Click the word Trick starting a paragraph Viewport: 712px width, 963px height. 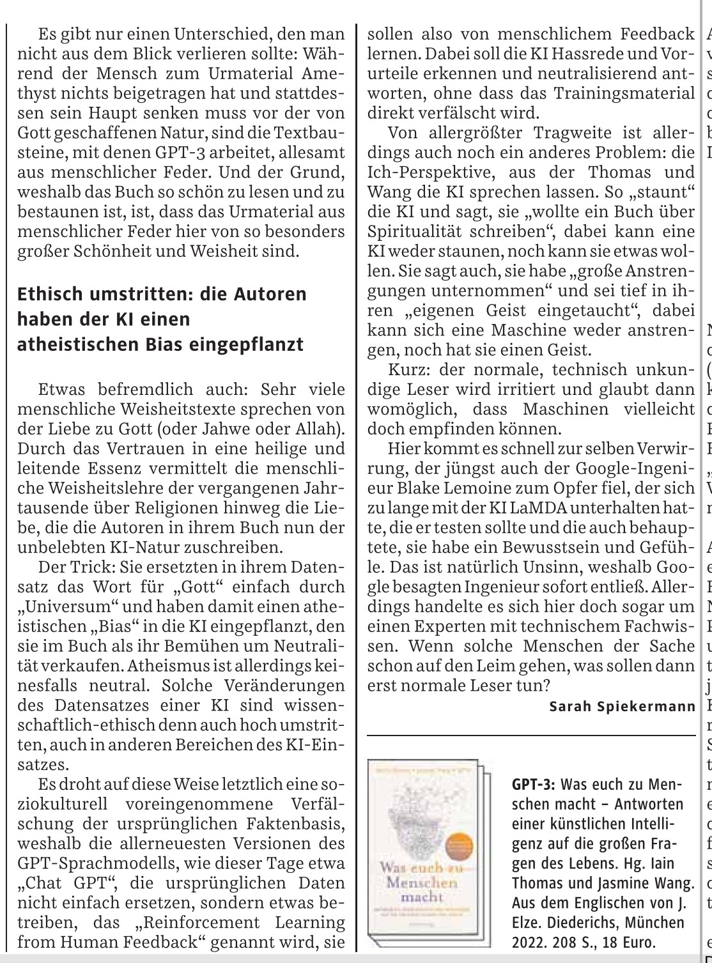click(x=89, y=567)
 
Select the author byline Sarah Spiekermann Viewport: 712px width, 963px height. click(x=621, y=707)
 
